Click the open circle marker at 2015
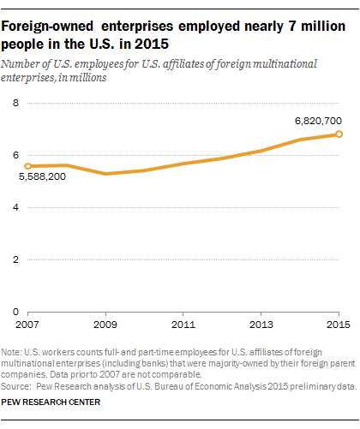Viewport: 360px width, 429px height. (339, 134)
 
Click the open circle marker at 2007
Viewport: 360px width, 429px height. (27, 166)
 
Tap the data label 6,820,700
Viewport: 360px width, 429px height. (318, 121)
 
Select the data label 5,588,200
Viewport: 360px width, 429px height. (42, 176)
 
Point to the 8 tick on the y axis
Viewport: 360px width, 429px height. (15, 103)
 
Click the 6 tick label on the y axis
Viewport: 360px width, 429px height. (15, 155)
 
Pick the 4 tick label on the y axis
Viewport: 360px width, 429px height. (15, 207)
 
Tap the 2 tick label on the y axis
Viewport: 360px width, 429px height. (15, 259)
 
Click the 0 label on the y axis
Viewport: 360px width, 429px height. (15, 312)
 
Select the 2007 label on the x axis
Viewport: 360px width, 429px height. (27, 325)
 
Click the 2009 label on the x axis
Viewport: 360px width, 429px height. (105, 325)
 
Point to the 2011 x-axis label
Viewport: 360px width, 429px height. (183, 325)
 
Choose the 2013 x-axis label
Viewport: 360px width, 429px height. (261, 325)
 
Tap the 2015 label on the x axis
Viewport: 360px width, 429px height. (339, 325)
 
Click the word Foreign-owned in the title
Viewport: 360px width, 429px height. (47, 27)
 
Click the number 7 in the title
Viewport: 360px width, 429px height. (292, 27)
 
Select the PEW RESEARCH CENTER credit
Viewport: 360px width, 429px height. (51, 402)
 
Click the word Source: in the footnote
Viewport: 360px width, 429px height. (15, 386)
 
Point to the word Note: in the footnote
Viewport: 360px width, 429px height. (11, 352)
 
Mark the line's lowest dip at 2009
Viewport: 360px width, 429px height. (105, 174)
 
